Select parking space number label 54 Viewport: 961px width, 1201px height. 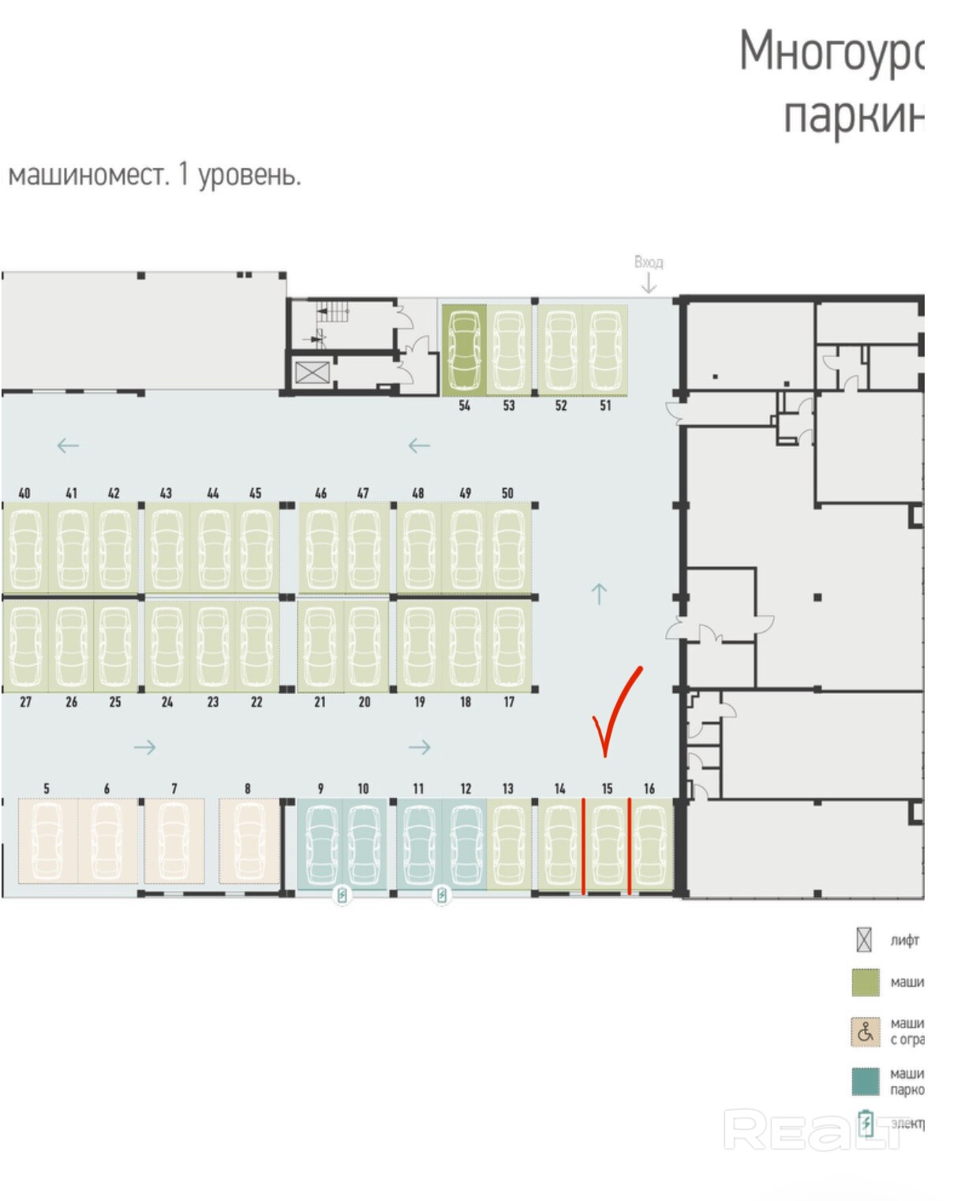(x=464, y=405)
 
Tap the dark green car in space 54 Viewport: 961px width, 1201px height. (x=464, y=349)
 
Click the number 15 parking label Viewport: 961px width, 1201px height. (x=606, y=788)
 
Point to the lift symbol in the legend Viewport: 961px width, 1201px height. (x=864, y=940)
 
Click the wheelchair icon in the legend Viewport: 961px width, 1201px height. (x=866, y=1031)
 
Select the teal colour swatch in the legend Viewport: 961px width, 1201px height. (x=866, y=1081)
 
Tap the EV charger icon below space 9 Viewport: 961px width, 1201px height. (x=342, y=895)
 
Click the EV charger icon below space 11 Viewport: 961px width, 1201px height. (x=442, y=895)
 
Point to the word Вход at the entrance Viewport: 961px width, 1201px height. (x=649, y=262)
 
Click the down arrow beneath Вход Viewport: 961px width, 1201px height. (x=649, y=284)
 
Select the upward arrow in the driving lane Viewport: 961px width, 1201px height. (x=599, y=593)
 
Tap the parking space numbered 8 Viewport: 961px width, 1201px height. (x=249, y=841)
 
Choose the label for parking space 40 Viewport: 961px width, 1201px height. (x=24, y=493)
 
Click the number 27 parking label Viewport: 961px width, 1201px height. (x=25, y=702)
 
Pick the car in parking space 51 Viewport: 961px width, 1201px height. (x=605, y=349)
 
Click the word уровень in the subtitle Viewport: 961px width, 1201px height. (x=249, y=175)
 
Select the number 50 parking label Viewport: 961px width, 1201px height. (x=507, y=493)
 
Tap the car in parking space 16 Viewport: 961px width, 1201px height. (x=650, y=844)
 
